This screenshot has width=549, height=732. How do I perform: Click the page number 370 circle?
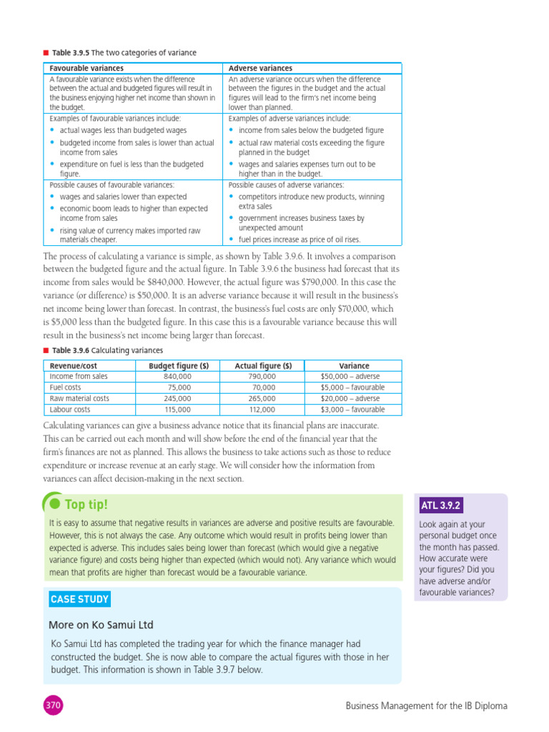[53, 706]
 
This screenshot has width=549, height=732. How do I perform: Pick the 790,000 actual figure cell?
[262, 376]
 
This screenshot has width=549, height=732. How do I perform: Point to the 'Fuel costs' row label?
[66, 387]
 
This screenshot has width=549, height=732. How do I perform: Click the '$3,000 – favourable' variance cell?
[352, 410]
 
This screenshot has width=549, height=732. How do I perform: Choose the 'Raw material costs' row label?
[79, 398]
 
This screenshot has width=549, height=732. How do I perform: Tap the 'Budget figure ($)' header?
[178, 365]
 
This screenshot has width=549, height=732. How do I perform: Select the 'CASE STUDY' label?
[79, 599]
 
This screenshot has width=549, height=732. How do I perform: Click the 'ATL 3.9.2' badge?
[440, 506]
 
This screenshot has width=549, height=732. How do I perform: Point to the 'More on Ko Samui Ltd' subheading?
[101, 625]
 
